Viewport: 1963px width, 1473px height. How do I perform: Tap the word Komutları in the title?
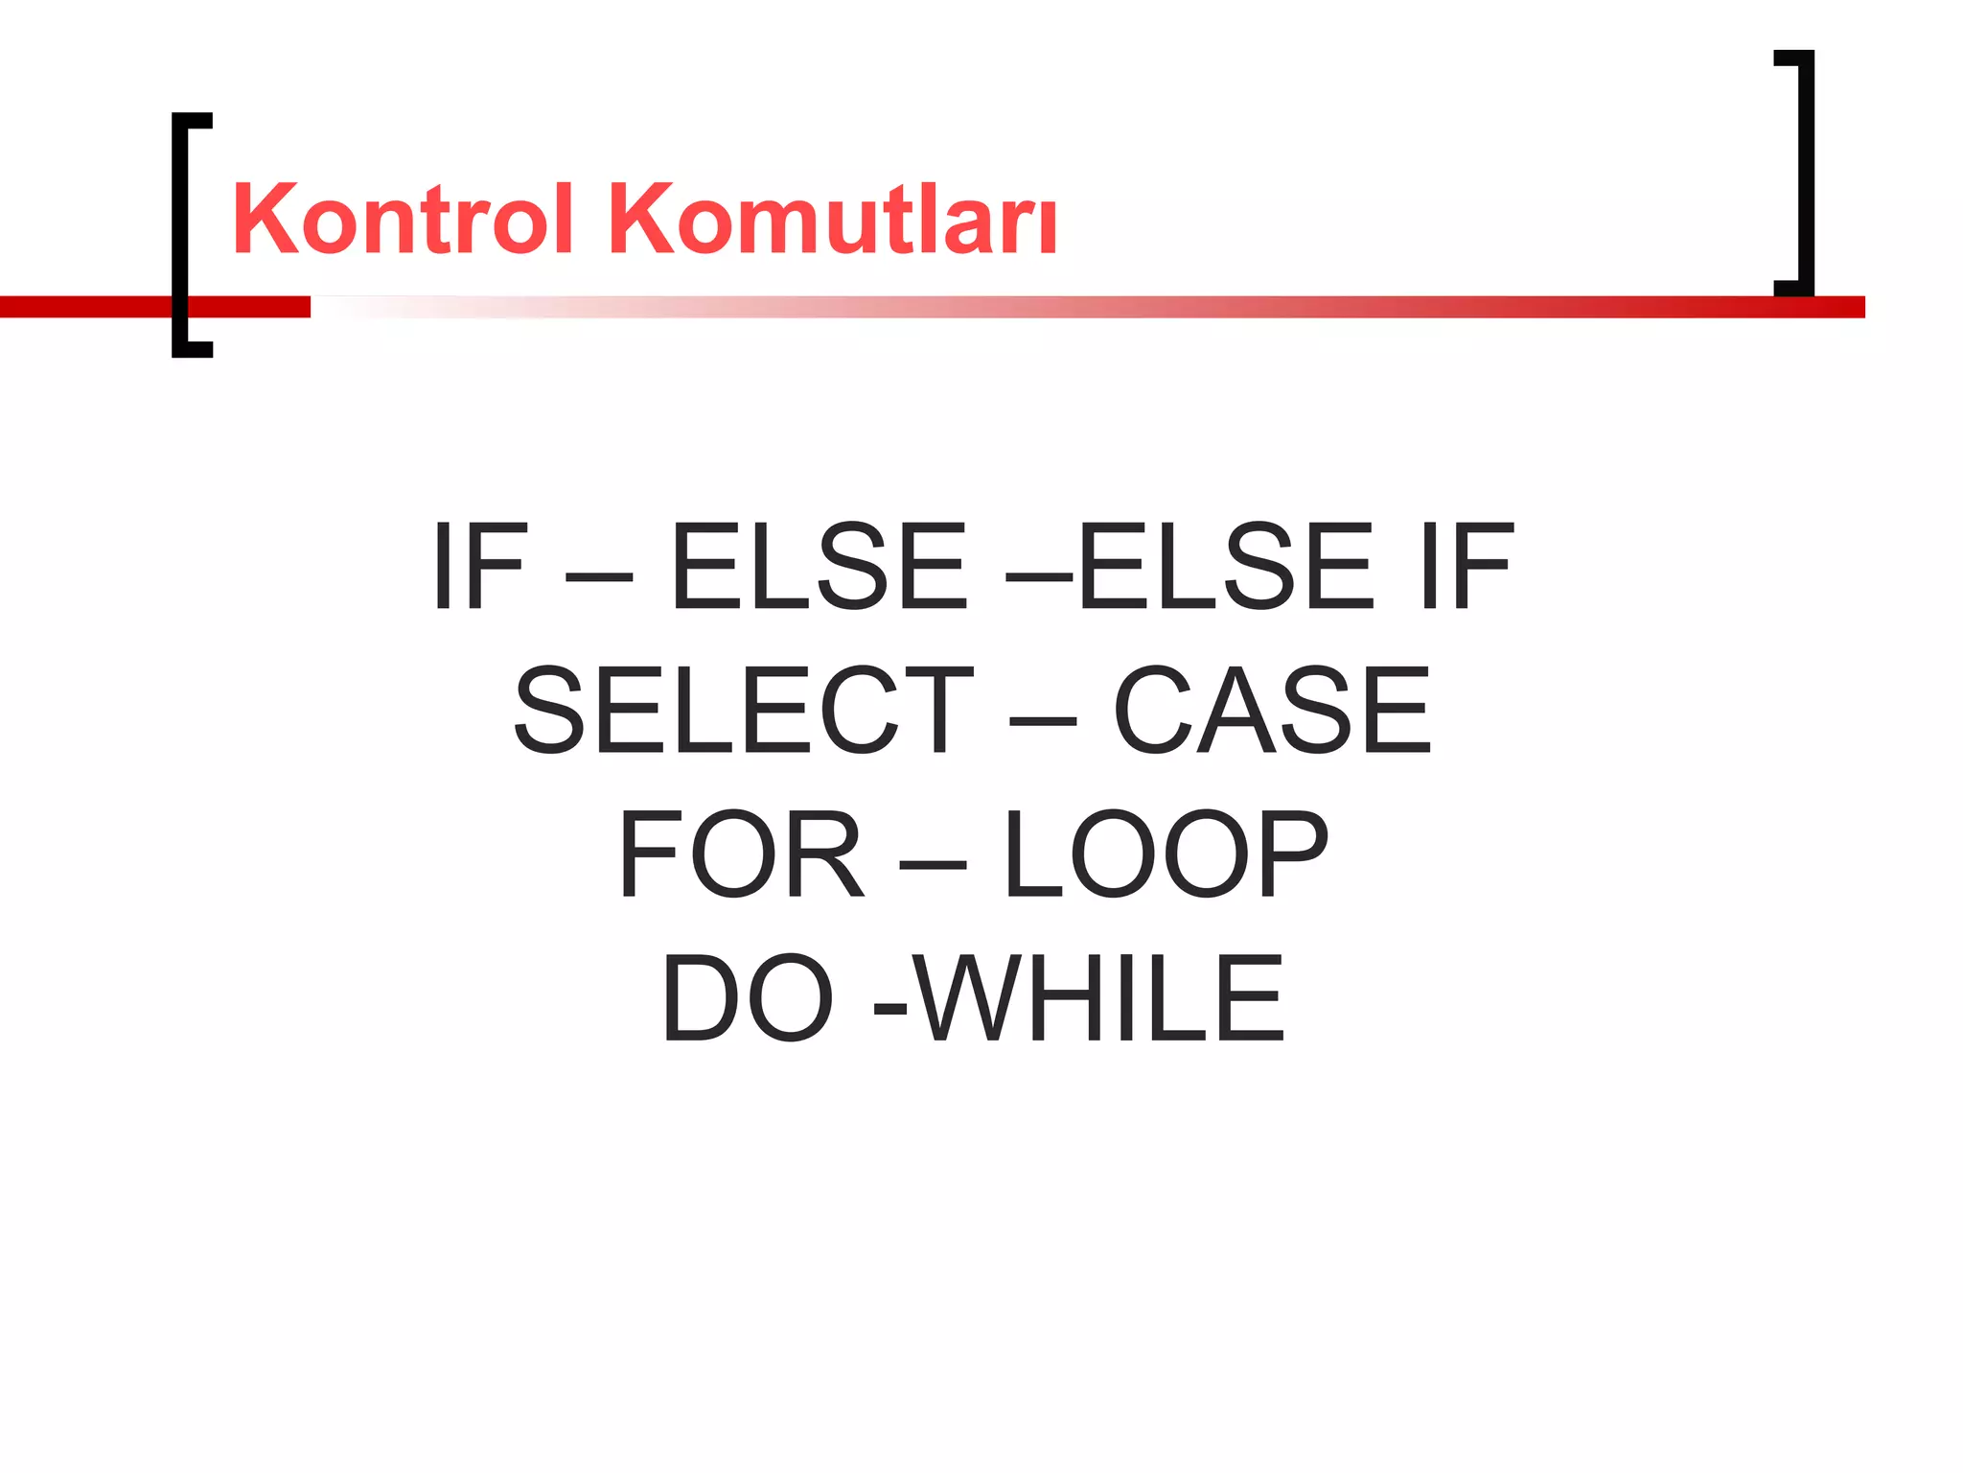pos(832,220)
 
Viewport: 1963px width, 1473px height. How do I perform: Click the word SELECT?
pos(744,710)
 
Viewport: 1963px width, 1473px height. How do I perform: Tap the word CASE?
pos(1272,710)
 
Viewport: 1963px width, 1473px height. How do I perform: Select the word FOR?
pos(741,853)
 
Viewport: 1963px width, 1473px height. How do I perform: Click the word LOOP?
pos(1166,853)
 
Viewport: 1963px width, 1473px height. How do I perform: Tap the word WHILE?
pos(1097,997)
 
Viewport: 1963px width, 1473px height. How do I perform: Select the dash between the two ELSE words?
pos(1039,576)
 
